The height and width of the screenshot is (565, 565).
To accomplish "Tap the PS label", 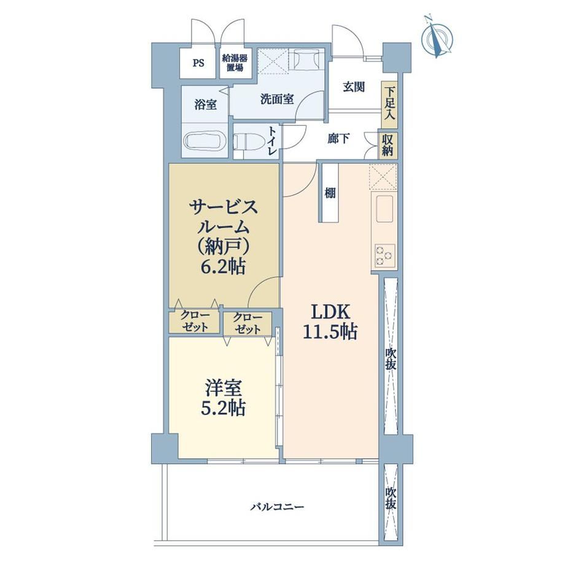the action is click(198, 63).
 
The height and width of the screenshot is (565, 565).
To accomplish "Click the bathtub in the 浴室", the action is click(205, 141).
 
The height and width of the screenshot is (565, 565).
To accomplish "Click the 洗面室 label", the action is click(277, 99).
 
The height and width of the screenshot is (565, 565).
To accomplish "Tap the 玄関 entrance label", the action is click(354, 87).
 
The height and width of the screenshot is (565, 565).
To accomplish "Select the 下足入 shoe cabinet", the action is click(389, 104).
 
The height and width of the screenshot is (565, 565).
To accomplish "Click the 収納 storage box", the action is click(388, 145).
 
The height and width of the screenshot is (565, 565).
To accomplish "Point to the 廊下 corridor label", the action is click(338, 139).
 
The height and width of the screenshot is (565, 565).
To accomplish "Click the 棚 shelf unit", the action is click(330, 193).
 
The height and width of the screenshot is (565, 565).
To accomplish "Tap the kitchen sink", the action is click(384, 209).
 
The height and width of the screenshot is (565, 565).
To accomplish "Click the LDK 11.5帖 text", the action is click(330, 322).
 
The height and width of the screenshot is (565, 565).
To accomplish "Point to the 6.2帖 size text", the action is click(223, 267).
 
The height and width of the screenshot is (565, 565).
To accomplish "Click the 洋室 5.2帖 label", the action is click(224, 398).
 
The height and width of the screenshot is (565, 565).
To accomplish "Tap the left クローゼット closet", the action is click(195, 321).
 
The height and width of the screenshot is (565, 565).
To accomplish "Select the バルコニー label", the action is click(278, 507).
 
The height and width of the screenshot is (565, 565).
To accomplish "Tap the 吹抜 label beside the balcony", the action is click(391, 497).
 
